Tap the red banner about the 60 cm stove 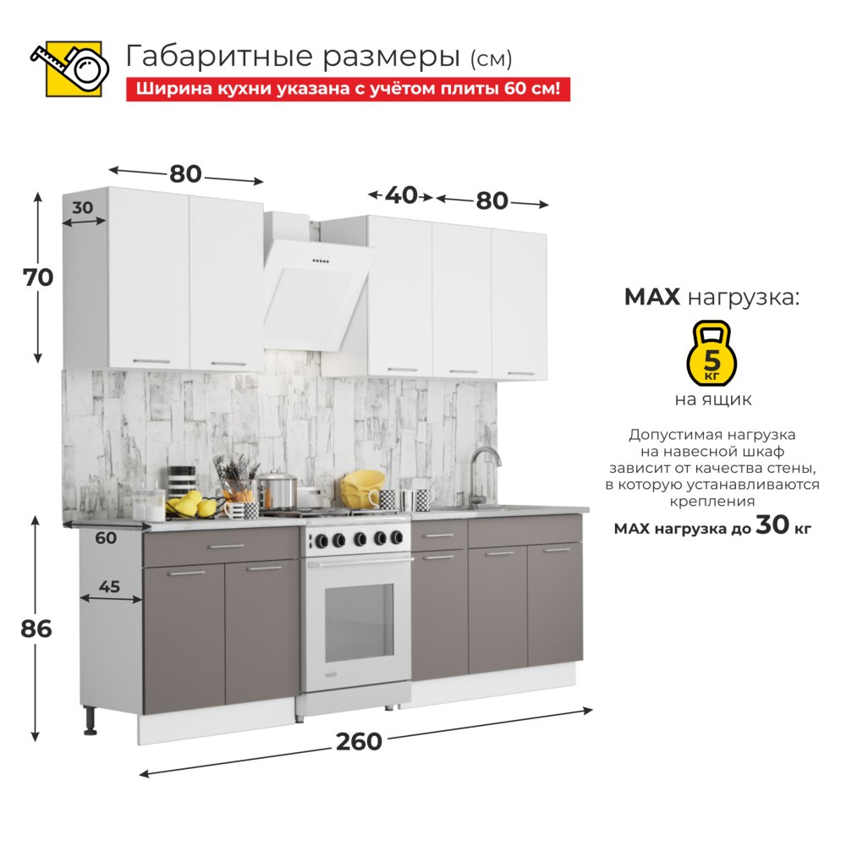(348, 89)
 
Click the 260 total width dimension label (359, 741)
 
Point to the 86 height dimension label (36, 629)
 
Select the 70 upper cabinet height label (38, 277)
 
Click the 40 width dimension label (401, 195)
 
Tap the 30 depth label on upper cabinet (83, 207)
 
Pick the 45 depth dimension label (109, 586)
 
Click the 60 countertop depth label (106, 537)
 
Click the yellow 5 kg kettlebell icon (711, 353)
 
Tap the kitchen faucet (482, 476)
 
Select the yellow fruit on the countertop (191, 504)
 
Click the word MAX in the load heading (651, 297)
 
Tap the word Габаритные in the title (219, 57)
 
